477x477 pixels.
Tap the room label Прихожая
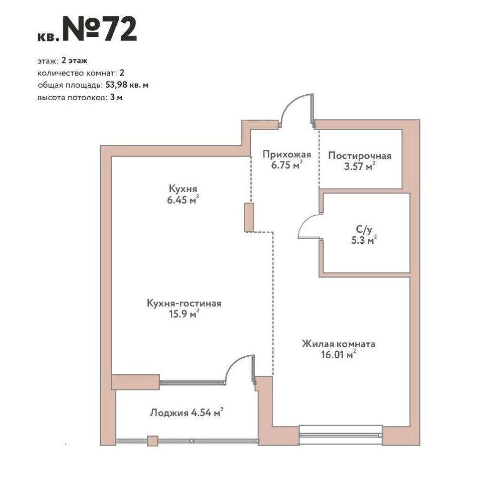pos(287,155)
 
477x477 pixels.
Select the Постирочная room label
pos(360,156)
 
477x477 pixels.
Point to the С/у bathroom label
pos(364,230)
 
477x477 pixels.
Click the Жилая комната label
pos(338,344)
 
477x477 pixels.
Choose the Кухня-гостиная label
pos(184,303)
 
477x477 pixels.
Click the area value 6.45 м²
pos(183,200)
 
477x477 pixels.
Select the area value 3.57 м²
pos(360,166)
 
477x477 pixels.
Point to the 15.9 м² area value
pos(184,314)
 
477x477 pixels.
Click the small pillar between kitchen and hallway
pos(249,218)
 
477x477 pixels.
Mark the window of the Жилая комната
pos(341,435)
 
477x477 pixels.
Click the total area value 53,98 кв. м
pos(127,85)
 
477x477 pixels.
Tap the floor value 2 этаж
pos(74,61)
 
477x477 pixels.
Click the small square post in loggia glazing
pos(153,441)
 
